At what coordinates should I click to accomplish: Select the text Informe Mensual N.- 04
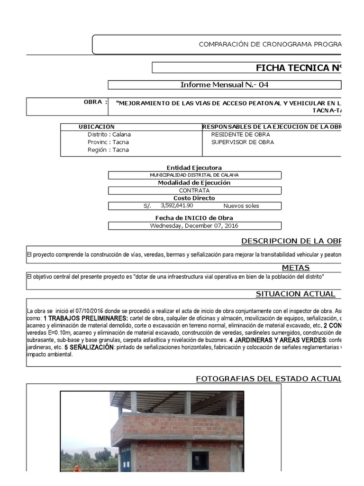225,85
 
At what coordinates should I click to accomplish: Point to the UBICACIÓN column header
97,127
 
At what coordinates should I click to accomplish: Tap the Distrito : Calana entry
109,134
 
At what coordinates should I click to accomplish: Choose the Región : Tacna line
108,150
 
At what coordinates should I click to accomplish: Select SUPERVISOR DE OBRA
242,142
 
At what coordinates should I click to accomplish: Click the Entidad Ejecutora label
194,168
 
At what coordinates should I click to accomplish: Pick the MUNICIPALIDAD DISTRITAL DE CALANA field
194,175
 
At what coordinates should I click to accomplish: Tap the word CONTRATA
194,190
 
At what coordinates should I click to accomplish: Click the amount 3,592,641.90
177,206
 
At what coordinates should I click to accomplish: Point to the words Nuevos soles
241,206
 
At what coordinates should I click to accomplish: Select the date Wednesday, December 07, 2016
194,225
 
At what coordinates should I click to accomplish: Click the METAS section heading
295,268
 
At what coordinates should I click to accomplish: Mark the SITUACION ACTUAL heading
295,294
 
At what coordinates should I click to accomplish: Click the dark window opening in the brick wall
200,460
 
